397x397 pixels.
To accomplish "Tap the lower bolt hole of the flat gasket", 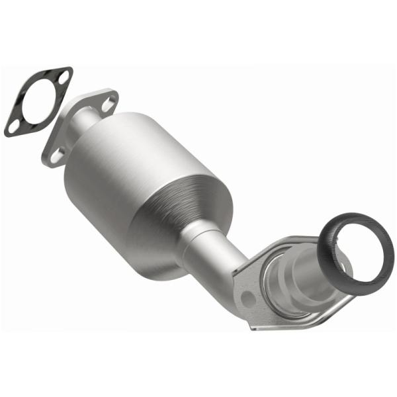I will (x=14, y=124).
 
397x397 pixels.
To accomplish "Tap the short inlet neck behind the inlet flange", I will (x=85, y=123).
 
